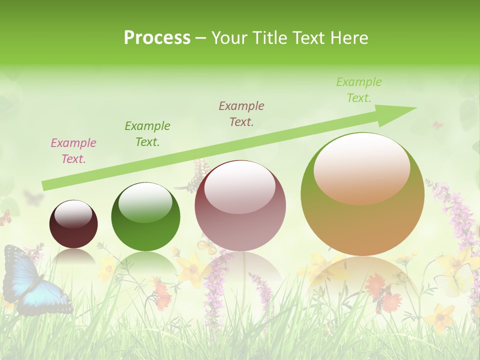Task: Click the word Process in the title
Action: [157, 38]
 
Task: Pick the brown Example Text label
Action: [241, 113]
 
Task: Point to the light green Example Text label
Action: [358, 90]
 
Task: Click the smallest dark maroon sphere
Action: [73, 224]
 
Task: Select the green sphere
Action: [145, 216]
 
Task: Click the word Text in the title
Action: [306, 38]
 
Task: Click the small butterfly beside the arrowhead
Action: [438, 125]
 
